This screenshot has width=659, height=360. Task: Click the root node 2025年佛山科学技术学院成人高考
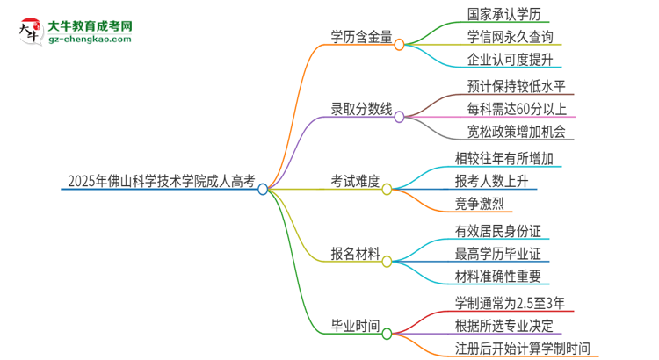point(161,183)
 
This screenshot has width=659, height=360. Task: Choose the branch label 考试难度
point(355,182)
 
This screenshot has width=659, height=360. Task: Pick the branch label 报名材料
point(355,255)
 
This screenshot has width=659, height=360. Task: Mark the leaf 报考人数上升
point(491,182)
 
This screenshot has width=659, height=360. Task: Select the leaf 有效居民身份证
point(497,231)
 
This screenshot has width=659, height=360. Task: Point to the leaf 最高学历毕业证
point(497,255)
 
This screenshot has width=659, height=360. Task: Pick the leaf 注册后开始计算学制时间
point(521,348)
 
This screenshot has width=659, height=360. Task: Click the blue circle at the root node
point(263,188)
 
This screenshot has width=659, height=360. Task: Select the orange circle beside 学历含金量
point(399,43)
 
